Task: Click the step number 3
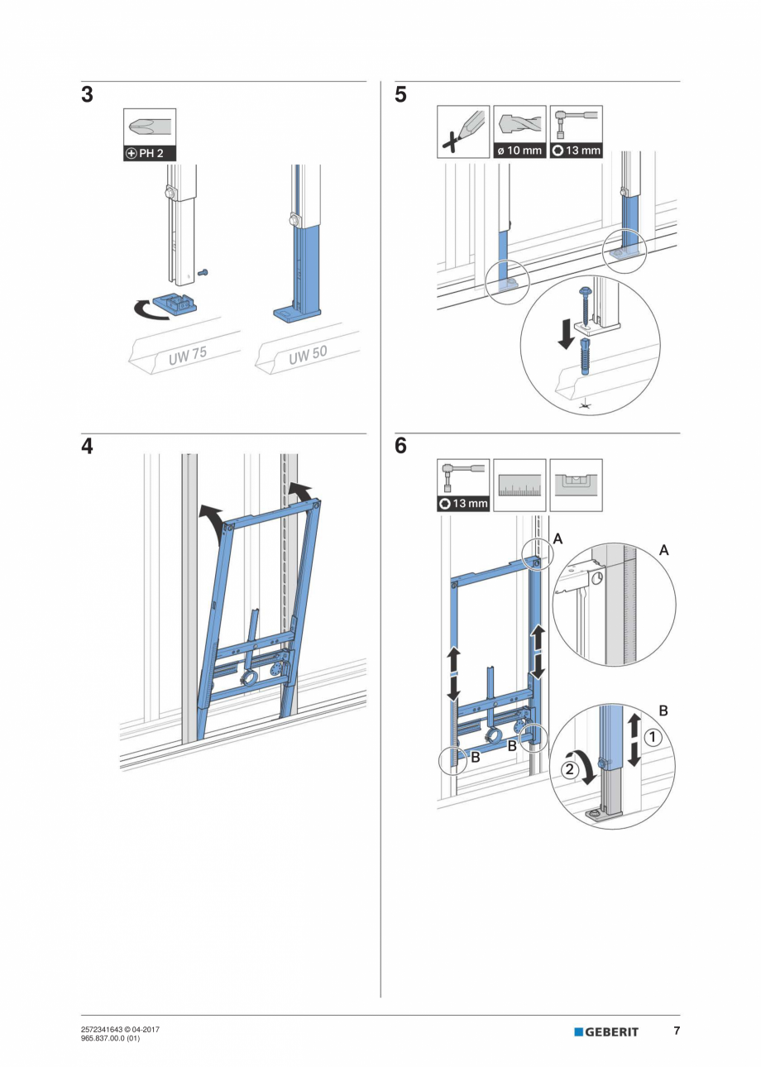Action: pyautogui.click(x=87, y=95)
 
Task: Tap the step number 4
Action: pyautogui.click(x=87, y=447)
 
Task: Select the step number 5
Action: pyautogui.click(x=401, y=95)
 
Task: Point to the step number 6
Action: pyautogui.click(x=401, y=447)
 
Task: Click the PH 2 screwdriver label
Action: pyautogui.click(x=150, y=154)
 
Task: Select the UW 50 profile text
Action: pyautogui.click(x=308, y=355)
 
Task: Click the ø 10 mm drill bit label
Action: pyautogui.click(x=519, y=151)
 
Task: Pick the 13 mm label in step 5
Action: pyautogui.click(x=577, y=151)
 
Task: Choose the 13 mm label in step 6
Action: pyautogui.click(x=463, y=503)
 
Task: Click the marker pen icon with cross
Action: pyautogui.click(x=462, y=131)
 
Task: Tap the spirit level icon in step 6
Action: pyautogui.click(x=576, y=485)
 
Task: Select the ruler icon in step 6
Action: pyautogui.click(x=519, y=485)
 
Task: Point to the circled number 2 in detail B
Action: pyautogui.click(x=569, y=770)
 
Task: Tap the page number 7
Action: pyautogui.click(x=676, y=1031)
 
